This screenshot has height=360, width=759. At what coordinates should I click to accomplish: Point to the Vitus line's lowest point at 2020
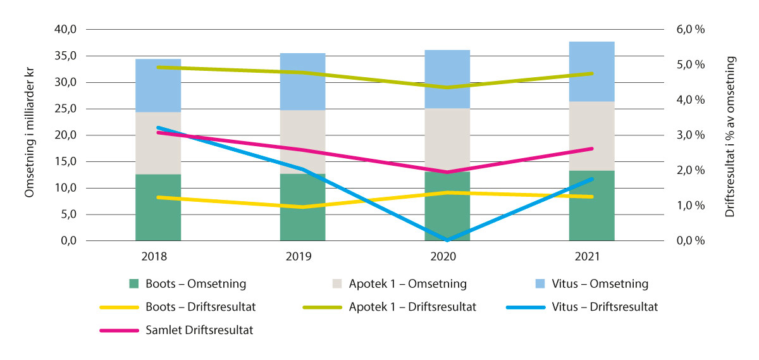tap(447, 240)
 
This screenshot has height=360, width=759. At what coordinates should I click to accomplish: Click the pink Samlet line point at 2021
tap(591, 149)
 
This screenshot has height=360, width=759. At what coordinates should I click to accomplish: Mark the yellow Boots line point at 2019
tap(302, 207)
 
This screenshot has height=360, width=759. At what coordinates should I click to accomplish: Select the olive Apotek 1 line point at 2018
tap(158, 67)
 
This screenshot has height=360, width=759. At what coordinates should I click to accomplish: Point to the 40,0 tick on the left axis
tap(65, 30)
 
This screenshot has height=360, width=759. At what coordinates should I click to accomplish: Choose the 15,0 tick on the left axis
tap(65, 162)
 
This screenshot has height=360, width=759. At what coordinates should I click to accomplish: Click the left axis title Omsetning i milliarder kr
tap(30, 135)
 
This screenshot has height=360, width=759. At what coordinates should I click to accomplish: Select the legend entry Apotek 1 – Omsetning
tap(407, 284)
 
